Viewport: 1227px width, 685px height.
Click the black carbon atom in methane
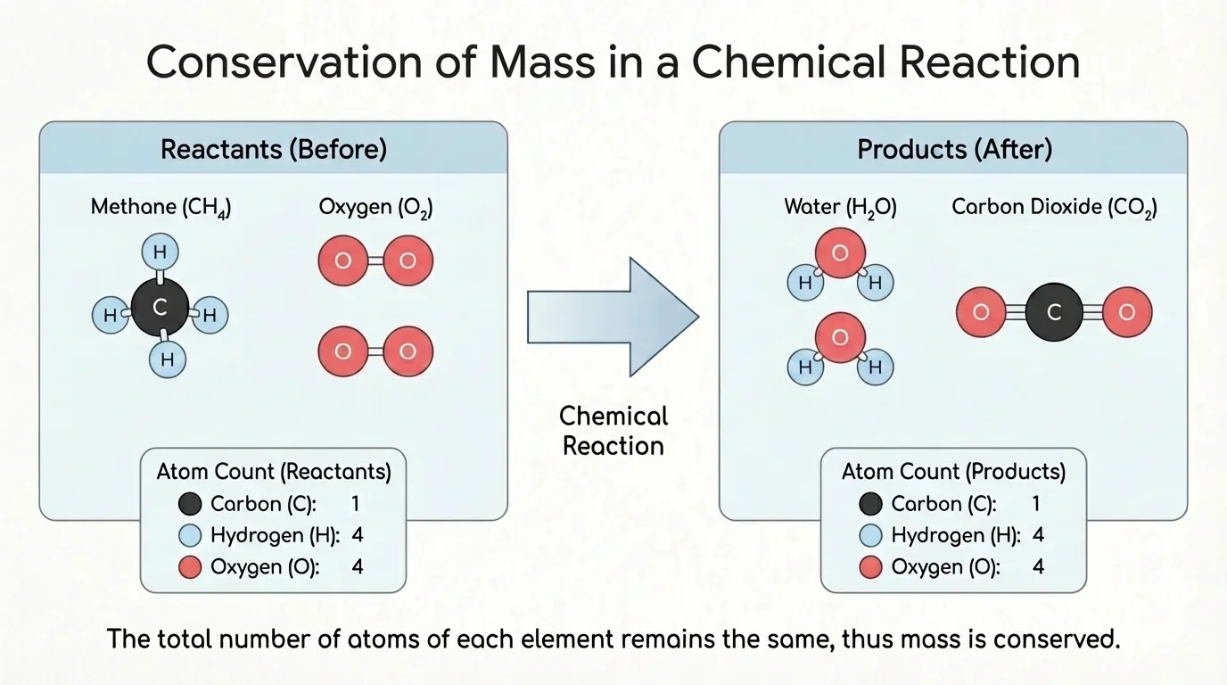point(161,308)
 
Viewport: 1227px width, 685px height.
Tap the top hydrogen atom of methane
point(160,252)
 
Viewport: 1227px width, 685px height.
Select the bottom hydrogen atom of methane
point(166,360)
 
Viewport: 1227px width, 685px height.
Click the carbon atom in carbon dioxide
point(1054,312)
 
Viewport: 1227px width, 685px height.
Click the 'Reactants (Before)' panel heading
point(273,149)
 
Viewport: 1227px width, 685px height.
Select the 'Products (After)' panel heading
point(954,149)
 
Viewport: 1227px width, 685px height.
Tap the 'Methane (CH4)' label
point(161,208)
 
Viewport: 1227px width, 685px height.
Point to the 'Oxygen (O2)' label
point(375,208)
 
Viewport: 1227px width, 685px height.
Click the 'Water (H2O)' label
point(840,208)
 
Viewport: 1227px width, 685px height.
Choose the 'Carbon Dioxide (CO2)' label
point(1054,208)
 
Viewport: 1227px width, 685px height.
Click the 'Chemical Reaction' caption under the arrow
point(613,431)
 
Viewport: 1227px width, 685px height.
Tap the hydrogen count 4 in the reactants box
point(357,535)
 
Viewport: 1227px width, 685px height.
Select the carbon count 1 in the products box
point(1036,504)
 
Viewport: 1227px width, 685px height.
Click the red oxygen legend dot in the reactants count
point(190,567)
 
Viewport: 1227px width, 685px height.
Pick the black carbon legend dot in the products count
point(870,505)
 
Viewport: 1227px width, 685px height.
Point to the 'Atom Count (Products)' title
point(953,471)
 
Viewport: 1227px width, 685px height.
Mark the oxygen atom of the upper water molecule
point(840,253)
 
